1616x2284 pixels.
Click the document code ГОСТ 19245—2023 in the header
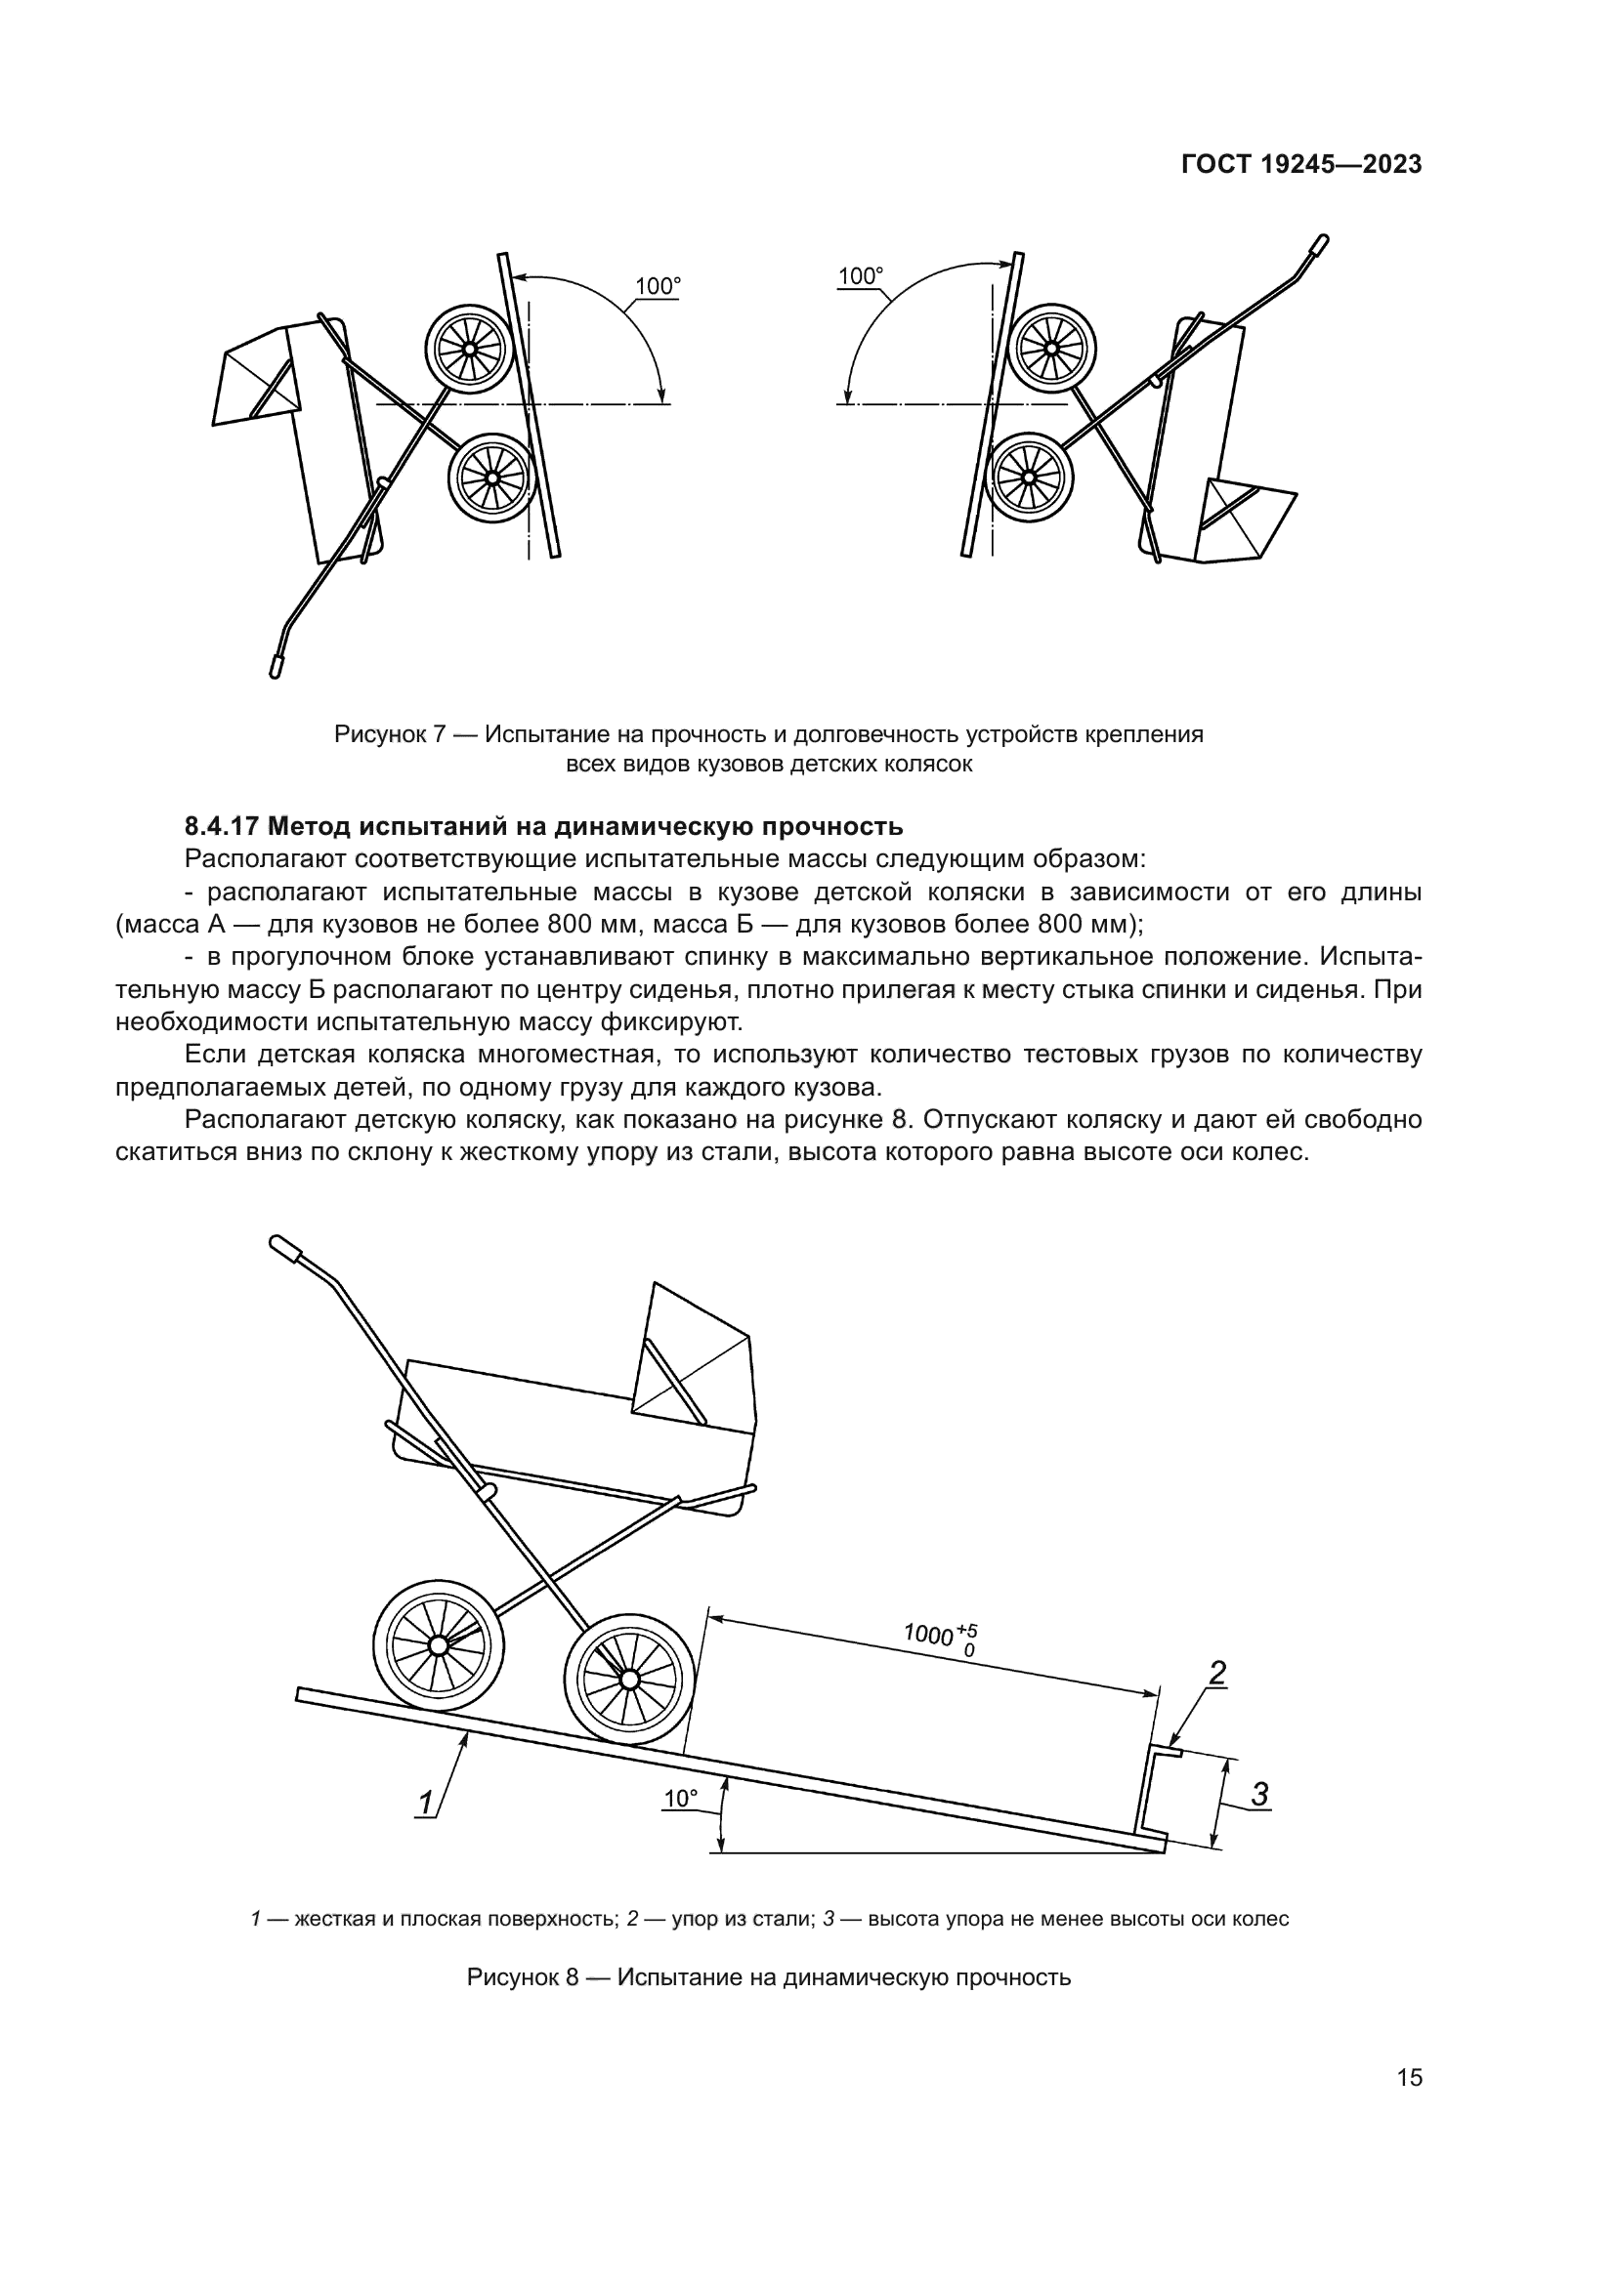(1301, 165)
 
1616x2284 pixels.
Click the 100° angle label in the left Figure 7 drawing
(658, 286)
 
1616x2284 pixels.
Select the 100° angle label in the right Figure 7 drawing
(861, 275)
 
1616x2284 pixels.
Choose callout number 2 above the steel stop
(1217, 1674)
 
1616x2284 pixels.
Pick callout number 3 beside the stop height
(1258, 1795)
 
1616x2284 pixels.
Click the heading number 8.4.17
(222, 826)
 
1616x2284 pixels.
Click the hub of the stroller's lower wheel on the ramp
(628, 1680)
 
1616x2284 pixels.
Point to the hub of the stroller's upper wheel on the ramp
(436, 1646)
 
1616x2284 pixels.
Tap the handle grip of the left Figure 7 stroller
(276, 666)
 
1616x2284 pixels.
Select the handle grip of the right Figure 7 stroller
(1319, 245)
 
